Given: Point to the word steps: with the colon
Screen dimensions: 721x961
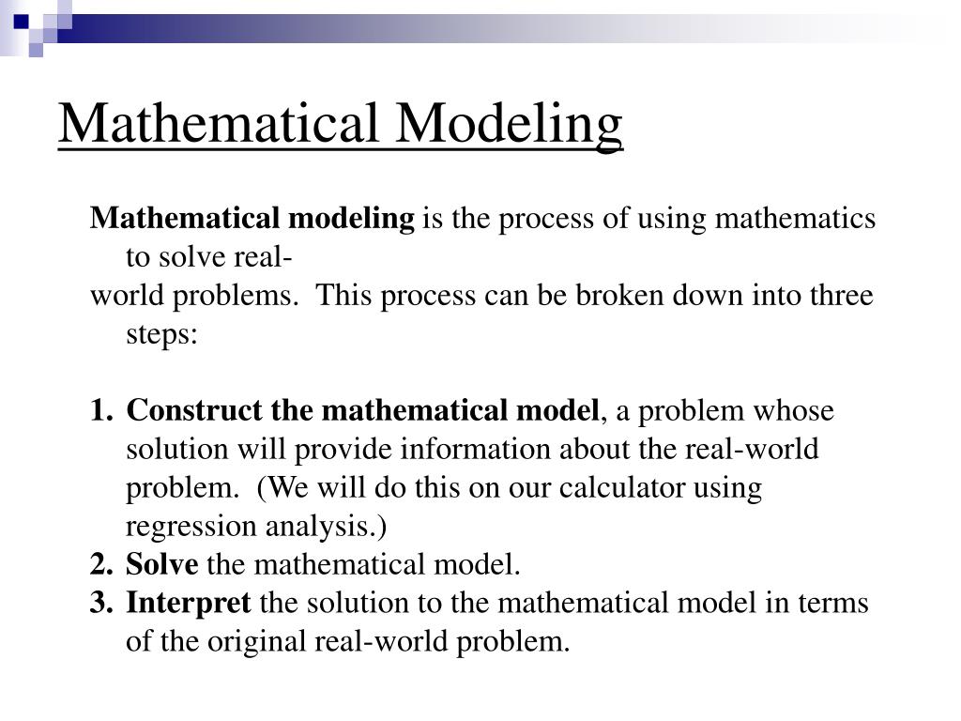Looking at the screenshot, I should (x=161, y=334).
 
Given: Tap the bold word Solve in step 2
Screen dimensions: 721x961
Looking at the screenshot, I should (x=162, y=565).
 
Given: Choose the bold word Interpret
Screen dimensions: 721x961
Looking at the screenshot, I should (x=189, y=603).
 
